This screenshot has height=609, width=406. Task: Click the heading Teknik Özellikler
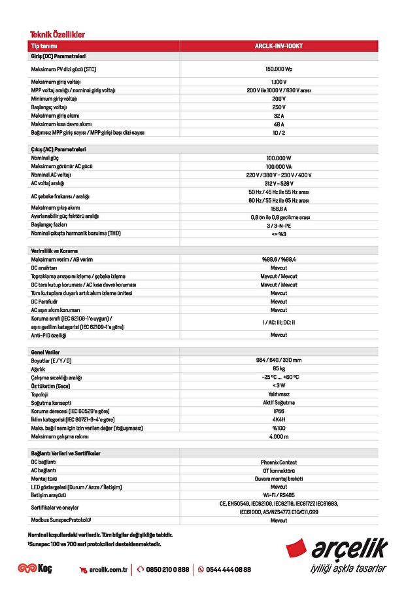tap(58, 35)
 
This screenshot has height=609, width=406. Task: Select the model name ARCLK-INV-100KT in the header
tap(279, 46)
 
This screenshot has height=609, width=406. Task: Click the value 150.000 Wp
tap(279, 69)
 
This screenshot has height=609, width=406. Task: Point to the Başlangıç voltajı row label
tap(49, 107)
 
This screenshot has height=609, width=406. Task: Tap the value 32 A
tap(279, 116)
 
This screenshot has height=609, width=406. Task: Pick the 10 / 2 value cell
tap(279, 133)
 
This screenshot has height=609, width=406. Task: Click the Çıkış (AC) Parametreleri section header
tap(58, 150)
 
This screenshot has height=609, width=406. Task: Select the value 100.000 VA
tap(279, 167)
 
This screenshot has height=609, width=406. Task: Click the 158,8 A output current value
tap(279, 209)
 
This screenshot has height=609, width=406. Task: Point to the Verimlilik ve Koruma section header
tap(57, 251)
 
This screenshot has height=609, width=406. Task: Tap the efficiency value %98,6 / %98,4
tap(279, 260)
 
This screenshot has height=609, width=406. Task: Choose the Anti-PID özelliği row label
tap(49, 335)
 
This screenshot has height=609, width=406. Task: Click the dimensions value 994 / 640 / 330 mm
tap(279, 360)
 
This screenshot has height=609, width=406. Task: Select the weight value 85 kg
tap(279, 369)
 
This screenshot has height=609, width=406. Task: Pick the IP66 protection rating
tap(279, 411)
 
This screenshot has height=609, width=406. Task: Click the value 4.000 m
tap(279, 436)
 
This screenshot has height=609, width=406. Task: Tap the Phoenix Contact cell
tap(279, 462)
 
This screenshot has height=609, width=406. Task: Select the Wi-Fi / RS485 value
tap(279, 496)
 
